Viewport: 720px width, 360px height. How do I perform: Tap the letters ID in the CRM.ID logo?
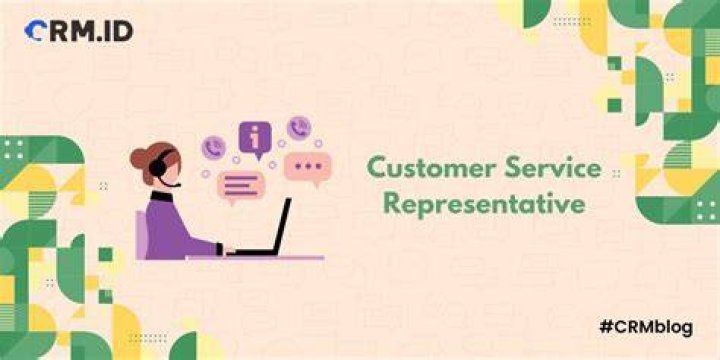click(118, 31)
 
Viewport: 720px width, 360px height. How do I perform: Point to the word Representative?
click(484, 204)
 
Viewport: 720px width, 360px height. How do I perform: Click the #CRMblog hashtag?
click(646, 328)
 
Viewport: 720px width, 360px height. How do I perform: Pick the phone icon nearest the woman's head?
click(214, 148)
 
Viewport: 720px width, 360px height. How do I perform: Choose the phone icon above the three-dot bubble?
click(299, 128)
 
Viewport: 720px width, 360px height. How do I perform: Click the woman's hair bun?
click(140, 158)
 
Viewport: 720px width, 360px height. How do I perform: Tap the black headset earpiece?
click(158, 169)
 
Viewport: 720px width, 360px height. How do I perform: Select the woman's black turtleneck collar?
click(162, 197)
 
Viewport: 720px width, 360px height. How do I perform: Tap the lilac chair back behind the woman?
click(141, 236)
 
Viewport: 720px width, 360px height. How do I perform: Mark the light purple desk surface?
click(255, 258)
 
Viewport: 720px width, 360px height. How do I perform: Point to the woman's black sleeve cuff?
click(219, 249)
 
